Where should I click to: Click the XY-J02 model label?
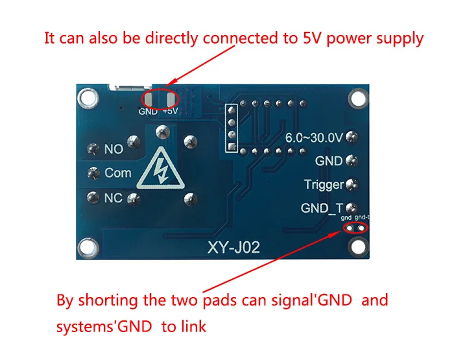coord(233,248)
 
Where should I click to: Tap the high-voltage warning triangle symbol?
coord(161,169)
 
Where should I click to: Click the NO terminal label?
coord(113,149)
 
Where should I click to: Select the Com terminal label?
coord(118,173)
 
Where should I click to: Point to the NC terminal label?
coord(113,198)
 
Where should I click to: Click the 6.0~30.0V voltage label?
coord(314,138)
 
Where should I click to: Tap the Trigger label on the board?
coord(324,185)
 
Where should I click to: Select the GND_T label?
coord(322,208)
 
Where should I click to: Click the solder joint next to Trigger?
coord(352,184)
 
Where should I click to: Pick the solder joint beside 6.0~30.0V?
coord(352,137)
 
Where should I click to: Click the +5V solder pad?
coord(171,99)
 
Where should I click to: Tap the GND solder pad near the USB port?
coord(149,99)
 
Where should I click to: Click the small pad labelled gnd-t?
coord(361,228)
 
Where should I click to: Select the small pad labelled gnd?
coord(350,228)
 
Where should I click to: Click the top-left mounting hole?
coord(88,98)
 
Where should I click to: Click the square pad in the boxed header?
coord(232,147)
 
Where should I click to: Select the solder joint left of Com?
coord(93,173)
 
